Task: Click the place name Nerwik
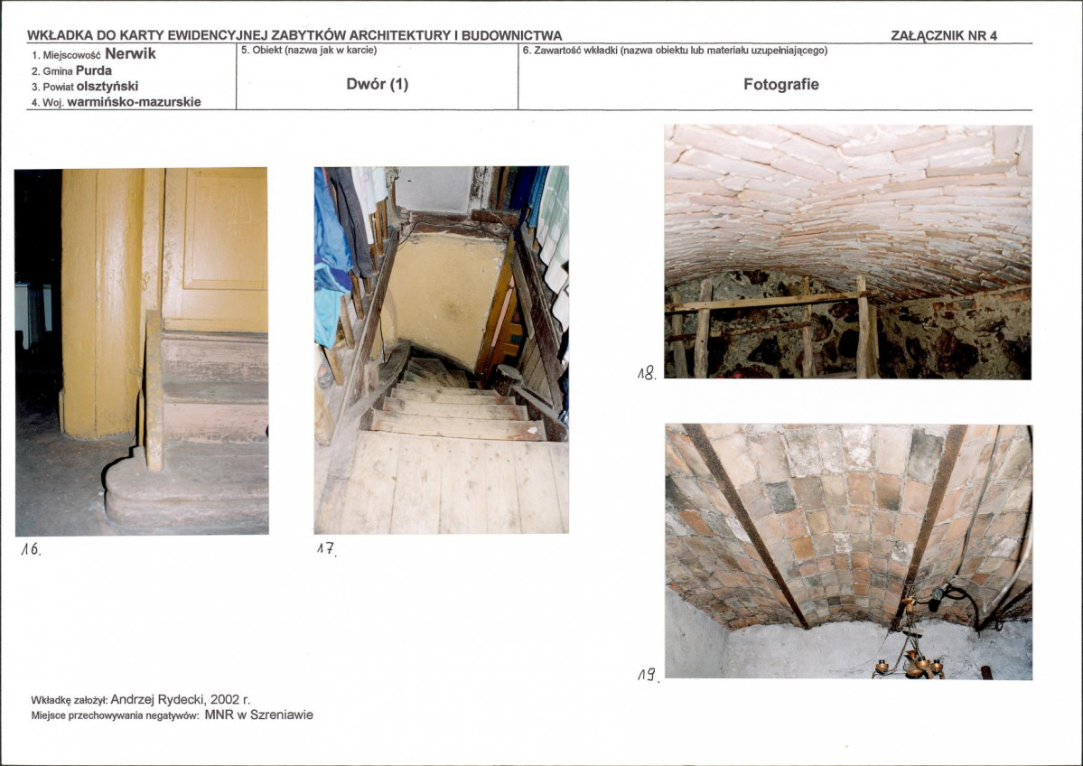point(131,54)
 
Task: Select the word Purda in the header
point(94,70)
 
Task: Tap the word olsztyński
point(107,87)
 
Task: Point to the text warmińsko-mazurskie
point(134,102)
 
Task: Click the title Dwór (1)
point(378,84)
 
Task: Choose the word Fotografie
point(781,84)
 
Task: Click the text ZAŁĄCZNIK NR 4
point(944,36)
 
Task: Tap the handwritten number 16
point(31,550)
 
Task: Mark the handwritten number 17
point(326,550)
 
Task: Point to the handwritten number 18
point(647,374)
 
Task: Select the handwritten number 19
point(648,675)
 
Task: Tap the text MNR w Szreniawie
point(259,715)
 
